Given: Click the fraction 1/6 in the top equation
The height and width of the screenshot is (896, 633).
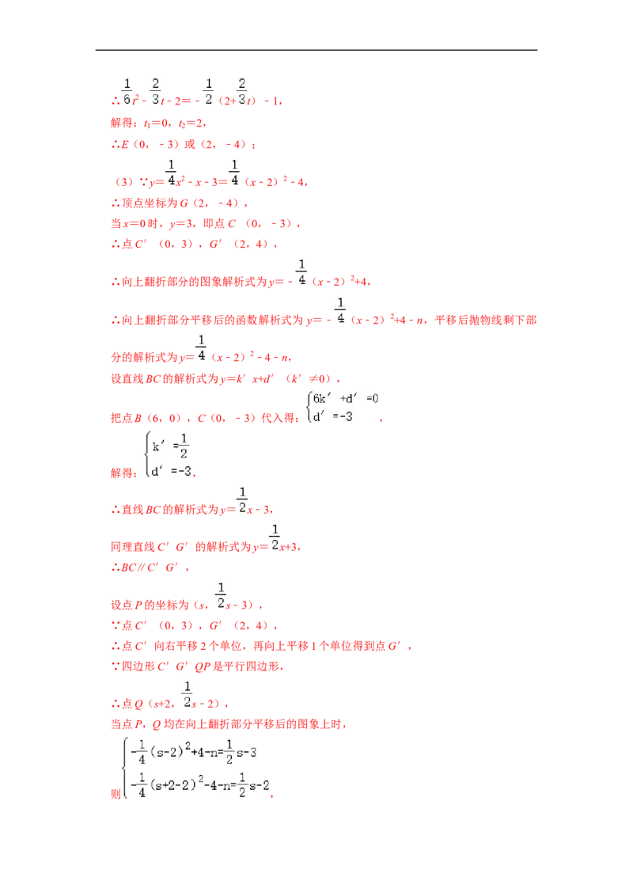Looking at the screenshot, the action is pos(127,92).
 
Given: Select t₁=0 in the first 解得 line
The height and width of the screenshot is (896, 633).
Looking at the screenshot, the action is pos(155,123).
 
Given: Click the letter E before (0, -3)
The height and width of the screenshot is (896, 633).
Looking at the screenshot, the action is pos(125,145).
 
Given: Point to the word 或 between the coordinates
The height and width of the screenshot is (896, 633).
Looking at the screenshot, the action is pos(190,145).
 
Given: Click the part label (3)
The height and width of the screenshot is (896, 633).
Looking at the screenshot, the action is pos(124,182).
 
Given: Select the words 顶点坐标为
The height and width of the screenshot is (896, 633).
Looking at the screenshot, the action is pos(150,203).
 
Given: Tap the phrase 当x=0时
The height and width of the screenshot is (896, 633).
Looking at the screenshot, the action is pos(135,223).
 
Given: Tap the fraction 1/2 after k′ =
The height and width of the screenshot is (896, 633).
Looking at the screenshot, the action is pos(184,446).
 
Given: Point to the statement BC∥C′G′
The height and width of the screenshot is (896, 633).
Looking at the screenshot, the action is pos(150,568).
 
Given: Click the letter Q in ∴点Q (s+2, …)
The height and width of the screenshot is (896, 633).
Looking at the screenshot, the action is pos(138,704).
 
